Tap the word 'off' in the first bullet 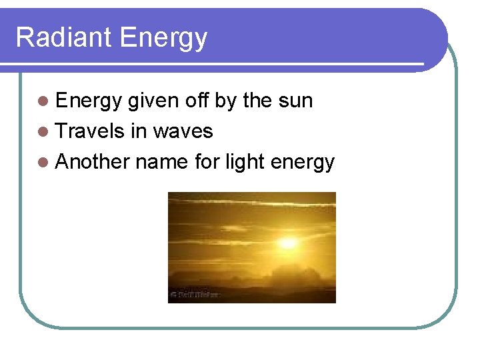[197, 101]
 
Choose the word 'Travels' [91, 131]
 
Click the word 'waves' [183, 132]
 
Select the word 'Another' [93, 162]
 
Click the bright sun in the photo [288, 243]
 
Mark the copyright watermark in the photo [195, 293]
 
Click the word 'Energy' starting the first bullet [89, 101]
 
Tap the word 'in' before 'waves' [139, 131]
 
